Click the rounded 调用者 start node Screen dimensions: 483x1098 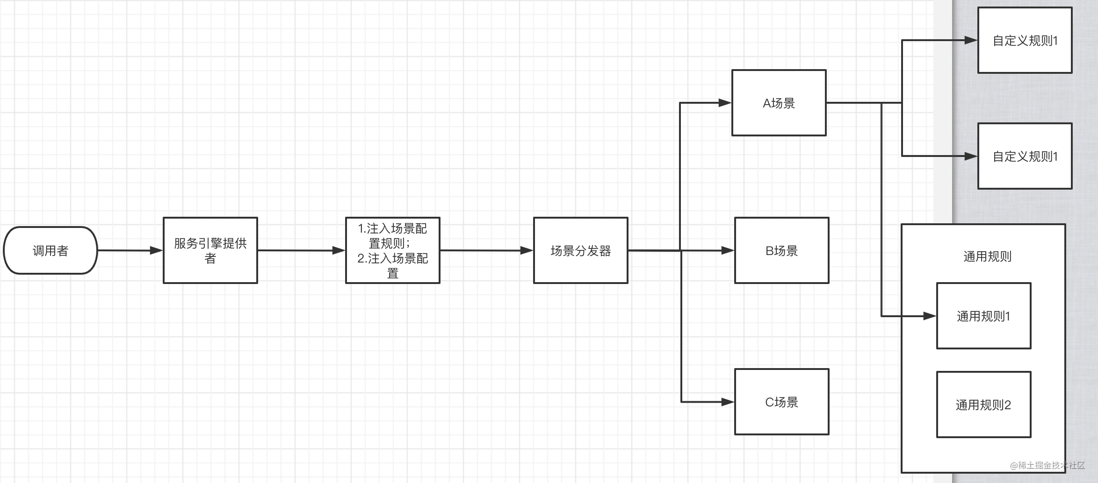pos(51,250)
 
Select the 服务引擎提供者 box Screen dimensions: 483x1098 pos(210,250)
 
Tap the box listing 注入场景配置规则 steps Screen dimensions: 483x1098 pos(393,250)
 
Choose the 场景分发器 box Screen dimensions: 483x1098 pos(581,250)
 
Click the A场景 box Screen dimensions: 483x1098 pos(779,103)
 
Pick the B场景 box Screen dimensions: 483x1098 pos(782,250)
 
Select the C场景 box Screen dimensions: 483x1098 pos(782,402)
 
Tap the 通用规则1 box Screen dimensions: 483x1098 pos(984,316)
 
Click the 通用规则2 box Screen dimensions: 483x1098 pos(984,405)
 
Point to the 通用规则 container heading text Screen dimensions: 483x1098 pos(988,256)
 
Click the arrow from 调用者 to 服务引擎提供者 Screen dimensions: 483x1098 pos(130,250)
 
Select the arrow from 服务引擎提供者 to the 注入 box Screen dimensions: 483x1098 pos(302,250)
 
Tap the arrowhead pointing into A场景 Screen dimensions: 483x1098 pos(724,103)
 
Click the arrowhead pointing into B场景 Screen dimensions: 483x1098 pos(727,250)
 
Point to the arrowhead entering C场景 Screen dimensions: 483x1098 pos(727,402)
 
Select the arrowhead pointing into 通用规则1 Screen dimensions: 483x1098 pos(929,316)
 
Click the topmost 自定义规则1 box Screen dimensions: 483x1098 pos(1025,40)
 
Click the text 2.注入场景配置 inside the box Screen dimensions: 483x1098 pos(393,258)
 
